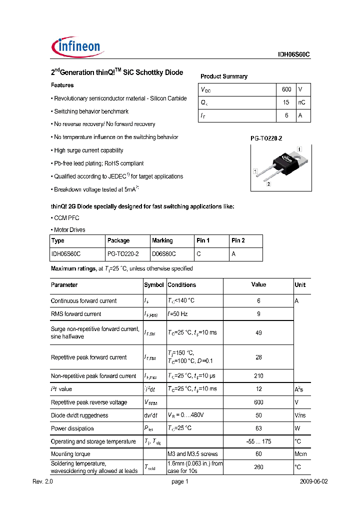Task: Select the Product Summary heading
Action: coord(224,76)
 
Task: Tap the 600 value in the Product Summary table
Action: coord(286,89)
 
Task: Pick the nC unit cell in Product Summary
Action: coord(302,102)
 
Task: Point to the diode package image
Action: coord(280,167)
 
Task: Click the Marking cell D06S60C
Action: coord(163,254)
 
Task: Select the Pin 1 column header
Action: coord(203,240)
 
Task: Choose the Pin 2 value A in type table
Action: coord(233,254)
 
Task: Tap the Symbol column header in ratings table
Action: coord(154,285)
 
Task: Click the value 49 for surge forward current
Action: coord(258,333)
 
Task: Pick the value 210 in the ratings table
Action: coord(258,376)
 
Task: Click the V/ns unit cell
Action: coord(300,415)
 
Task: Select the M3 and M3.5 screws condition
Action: coord(192,454)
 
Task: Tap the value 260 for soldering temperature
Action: coord(258,467)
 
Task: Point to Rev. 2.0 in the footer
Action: coord(42,482)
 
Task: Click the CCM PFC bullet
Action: coord(65,218)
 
